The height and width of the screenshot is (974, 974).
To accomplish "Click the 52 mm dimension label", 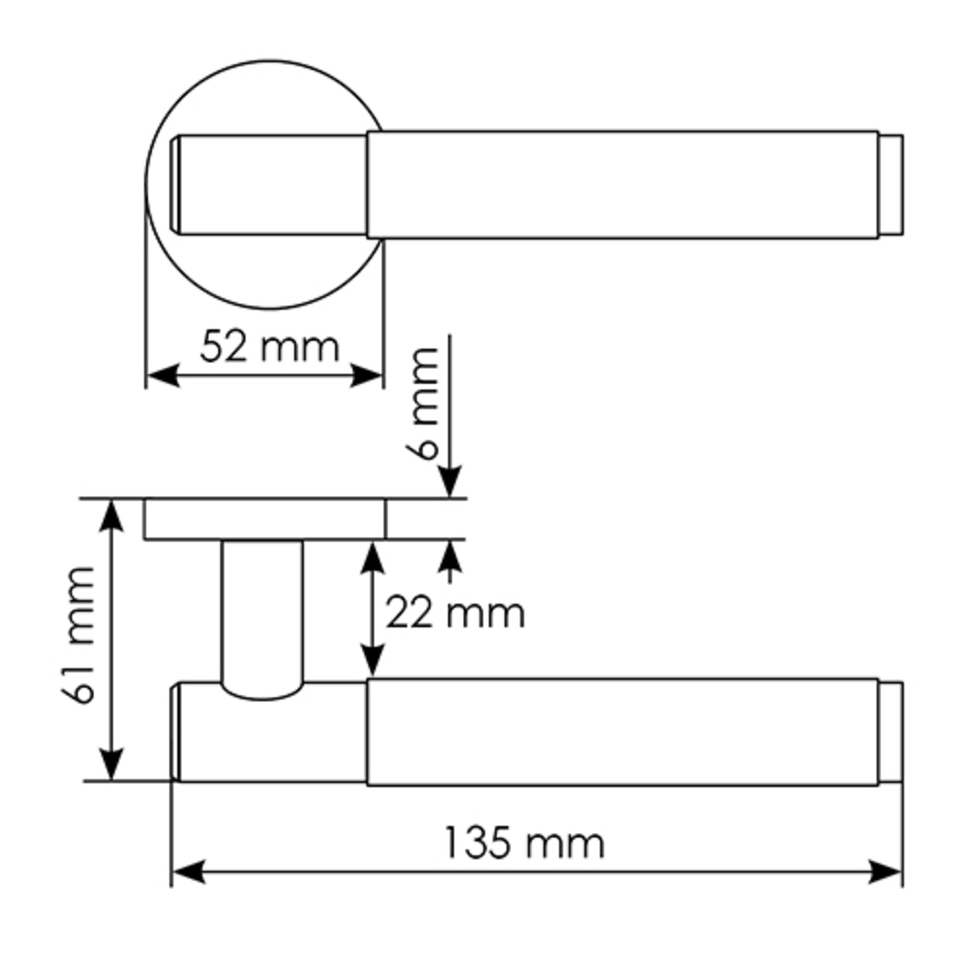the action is click(269, 347).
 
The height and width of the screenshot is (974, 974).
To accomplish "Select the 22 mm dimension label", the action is click(455, 613).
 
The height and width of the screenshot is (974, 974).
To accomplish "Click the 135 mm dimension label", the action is click(525, 843).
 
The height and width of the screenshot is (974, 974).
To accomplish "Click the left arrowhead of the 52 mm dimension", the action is click(162, 376).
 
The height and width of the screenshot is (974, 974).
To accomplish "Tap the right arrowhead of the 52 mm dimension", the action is click(366, 376).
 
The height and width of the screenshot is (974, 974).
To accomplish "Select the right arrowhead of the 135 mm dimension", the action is click(885, 872).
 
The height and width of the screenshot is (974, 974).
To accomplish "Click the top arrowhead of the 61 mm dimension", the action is click(111, 516).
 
